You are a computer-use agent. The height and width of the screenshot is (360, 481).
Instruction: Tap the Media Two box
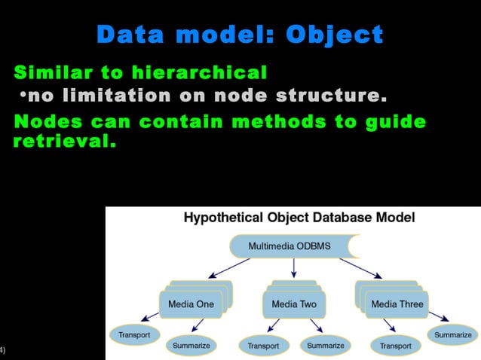293,304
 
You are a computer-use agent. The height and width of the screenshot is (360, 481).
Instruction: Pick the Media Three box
397,304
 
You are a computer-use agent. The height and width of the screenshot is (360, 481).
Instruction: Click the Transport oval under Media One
135,334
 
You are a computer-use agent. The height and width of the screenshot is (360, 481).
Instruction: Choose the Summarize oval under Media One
191,345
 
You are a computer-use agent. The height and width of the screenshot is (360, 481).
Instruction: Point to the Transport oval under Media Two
264,346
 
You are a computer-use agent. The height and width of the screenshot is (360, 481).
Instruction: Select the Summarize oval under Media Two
326,345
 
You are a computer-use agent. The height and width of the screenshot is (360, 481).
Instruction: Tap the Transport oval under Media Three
395,346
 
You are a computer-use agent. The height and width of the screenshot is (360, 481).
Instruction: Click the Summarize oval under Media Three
452,334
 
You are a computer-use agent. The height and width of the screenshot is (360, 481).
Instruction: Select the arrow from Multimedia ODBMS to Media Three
361,267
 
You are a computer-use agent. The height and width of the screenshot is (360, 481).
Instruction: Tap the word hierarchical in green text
199,73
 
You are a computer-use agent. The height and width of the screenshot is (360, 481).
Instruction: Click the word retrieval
64,140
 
